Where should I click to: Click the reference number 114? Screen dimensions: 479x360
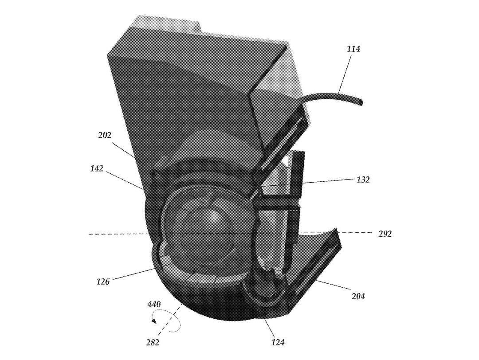point(353,49)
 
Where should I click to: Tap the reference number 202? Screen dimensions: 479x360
point(105,135)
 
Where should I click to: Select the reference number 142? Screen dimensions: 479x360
point(97,168)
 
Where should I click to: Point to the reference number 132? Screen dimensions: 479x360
point(363,180)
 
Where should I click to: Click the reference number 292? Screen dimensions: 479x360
point(385,234)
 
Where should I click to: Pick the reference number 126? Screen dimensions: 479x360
point(103,282)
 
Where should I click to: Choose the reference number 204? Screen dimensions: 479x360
point(358,296)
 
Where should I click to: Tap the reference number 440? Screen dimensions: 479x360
point(154,304)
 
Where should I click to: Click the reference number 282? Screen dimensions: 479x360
point(153,343)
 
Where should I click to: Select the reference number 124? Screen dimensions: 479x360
point(278,343)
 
